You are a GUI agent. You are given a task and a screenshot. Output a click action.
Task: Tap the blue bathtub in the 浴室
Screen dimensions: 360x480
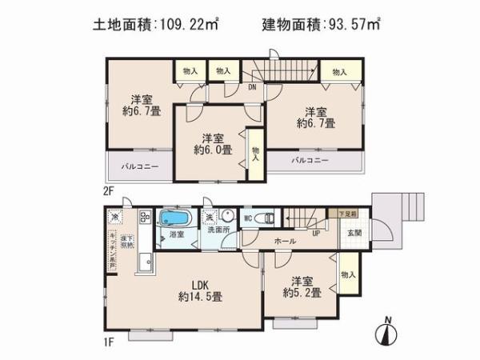point(173,218)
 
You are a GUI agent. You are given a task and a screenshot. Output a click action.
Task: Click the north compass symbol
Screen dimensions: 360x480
point(387,332)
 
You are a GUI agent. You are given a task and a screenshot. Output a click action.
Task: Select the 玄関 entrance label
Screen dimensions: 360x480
point(354,232)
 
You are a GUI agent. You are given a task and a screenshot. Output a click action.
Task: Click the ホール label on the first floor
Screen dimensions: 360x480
point(285,241)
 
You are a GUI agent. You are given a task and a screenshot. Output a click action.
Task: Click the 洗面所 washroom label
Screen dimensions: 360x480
point(218,230)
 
